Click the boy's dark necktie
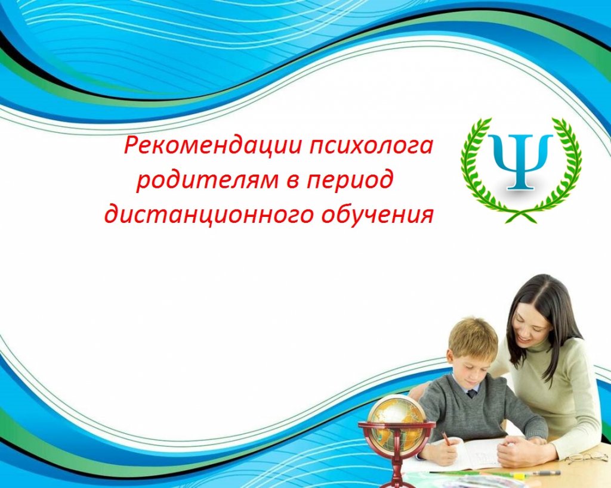(471, 393)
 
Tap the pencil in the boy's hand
(446, 439)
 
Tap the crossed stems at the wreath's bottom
(520, 215)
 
